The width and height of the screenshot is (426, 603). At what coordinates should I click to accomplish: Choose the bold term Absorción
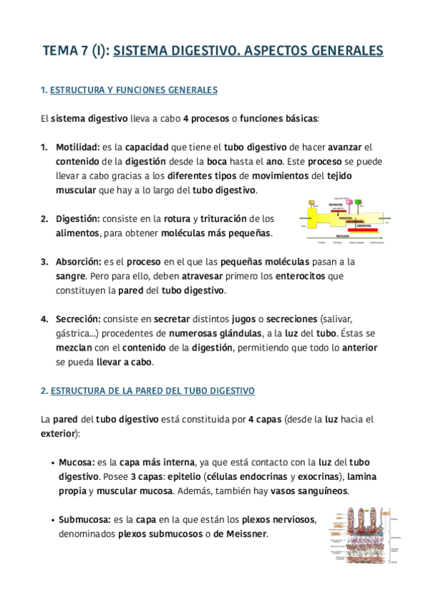pyautogui.click(x=79, y=262)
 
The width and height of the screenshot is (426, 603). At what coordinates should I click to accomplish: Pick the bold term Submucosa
pyautogui.click(x=82, y=519)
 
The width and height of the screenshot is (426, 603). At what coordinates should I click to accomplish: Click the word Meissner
pyautogui.click(x=246, y=533)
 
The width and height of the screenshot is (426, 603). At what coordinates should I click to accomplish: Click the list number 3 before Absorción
pyautogui.click(x=44, y=262)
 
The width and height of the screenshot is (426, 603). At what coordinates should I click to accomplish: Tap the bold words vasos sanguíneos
pyautogui.click(x=310, y=491)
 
